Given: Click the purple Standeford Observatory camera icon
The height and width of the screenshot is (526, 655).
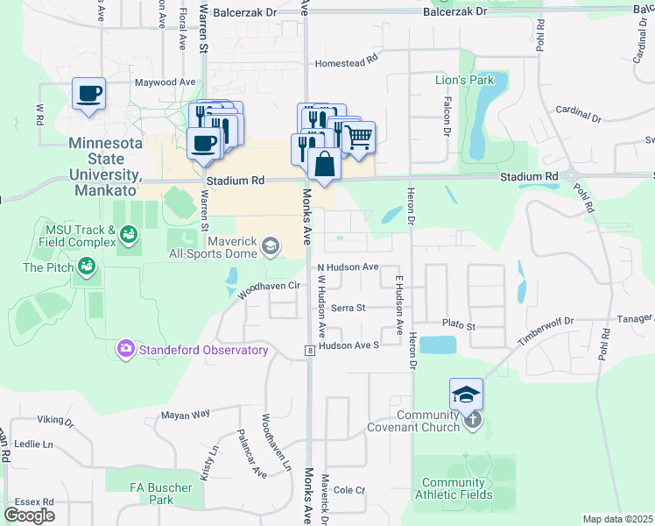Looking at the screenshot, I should (x=126, y=350).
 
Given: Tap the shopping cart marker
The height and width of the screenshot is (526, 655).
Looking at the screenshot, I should (x=357, y=137).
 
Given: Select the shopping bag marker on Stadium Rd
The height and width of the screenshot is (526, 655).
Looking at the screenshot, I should (x=324, y=164).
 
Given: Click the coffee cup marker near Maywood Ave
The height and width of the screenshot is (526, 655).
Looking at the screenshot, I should (x=88, y=93).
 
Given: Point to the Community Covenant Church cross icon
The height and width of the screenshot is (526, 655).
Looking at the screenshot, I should (x=472, y=419).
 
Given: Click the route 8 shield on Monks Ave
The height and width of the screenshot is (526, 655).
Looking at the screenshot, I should (x=309, y=351).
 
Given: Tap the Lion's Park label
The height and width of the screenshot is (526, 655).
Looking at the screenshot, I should (x=465, y=81).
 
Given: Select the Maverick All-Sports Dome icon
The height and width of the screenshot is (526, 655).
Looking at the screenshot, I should (x=271, y=246).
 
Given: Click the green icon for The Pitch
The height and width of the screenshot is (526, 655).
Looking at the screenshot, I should (x=86, y=265).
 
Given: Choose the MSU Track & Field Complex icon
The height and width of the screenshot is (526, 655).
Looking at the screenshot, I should (x=130, y=234).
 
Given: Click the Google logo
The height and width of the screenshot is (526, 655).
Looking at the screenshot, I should (x=29, y=515).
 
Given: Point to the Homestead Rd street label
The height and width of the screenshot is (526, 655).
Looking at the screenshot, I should (x=346, y=63).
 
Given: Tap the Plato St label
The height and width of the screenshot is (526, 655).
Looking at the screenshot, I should (x=458, y=325).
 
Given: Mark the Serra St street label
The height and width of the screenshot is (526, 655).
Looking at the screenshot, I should (x=348, y=308).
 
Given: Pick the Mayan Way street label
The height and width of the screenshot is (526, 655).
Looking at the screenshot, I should (x=185, y=413).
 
